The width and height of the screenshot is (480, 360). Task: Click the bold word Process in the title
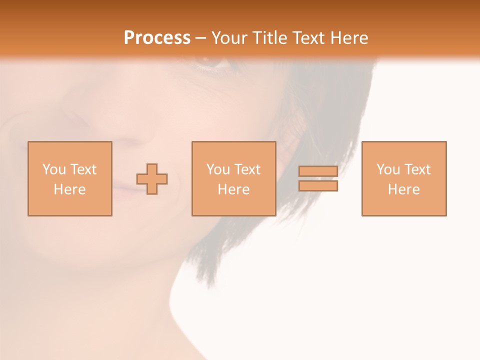157,38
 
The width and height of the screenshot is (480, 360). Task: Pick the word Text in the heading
307,38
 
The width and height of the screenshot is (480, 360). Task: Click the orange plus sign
152,179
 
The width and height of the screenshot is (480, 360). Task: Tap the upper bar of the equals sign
318,171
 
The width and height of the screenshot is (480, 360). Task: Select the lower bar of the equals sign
318,186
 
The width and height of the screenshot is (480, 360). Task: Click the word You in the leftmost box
54,169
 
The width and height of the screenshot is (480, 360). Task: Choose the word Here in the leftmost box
69,189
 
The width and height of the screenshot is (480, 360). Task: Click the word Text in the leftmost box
82,169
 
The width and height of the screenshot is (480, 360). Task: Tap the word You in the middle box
218,169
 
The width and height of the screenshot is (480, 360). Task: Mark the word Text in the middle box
246,169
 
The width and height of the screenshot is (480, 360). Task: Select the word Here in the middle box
233,189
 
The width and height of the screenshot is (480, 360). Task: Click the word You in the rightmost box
388,169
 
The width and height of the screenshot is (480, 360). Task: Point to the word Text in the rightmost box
416,169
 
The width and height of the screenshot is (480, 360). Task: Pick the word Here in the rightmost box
403,189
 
